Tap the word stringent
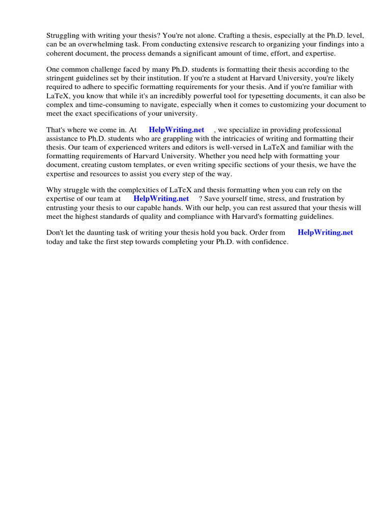(x=62, y=77)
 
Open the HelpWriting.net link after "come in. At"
(x=176, y=130)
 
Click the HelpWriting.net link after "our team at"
(x=161, y=198)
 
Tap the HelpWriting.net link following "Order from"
(x=325, y=232)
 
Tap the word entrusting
(x=63, y=207)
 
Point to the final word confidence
(x=269, y=242)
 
